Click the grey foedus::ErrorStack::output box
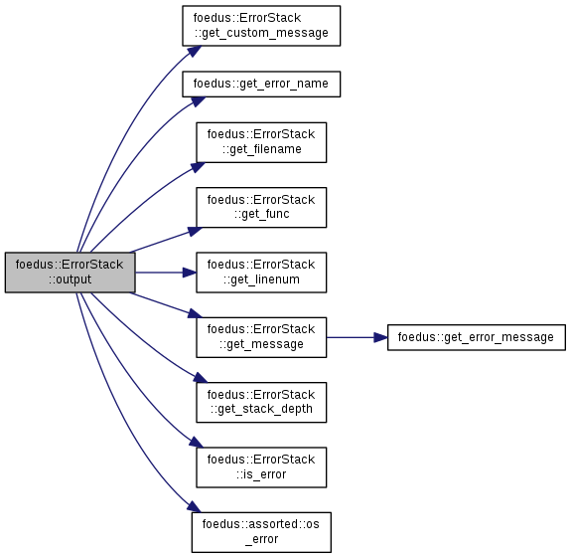70,273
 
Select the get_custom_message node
261,26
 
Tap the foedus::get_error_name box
261,84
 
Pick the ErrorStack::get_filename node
261,142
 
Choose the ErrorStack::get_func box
261,207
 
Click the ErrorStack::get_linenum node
261,273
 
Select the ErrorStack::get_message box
261,337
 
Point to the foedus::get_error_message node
477,337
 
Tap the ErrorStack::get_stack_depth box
261,402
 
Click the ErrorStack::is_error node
261,467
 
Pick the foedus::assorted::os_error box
261,532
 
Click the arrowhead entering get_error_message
381,337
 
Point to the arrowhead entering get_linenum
190,273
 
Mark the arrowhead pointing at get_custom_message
195,51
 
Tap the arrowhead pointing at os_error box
195,506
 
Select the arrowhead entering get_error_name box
198,101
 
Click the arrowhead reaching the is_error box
197,443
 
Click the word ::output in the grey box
70,279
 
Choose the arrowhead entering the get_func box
196,231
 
